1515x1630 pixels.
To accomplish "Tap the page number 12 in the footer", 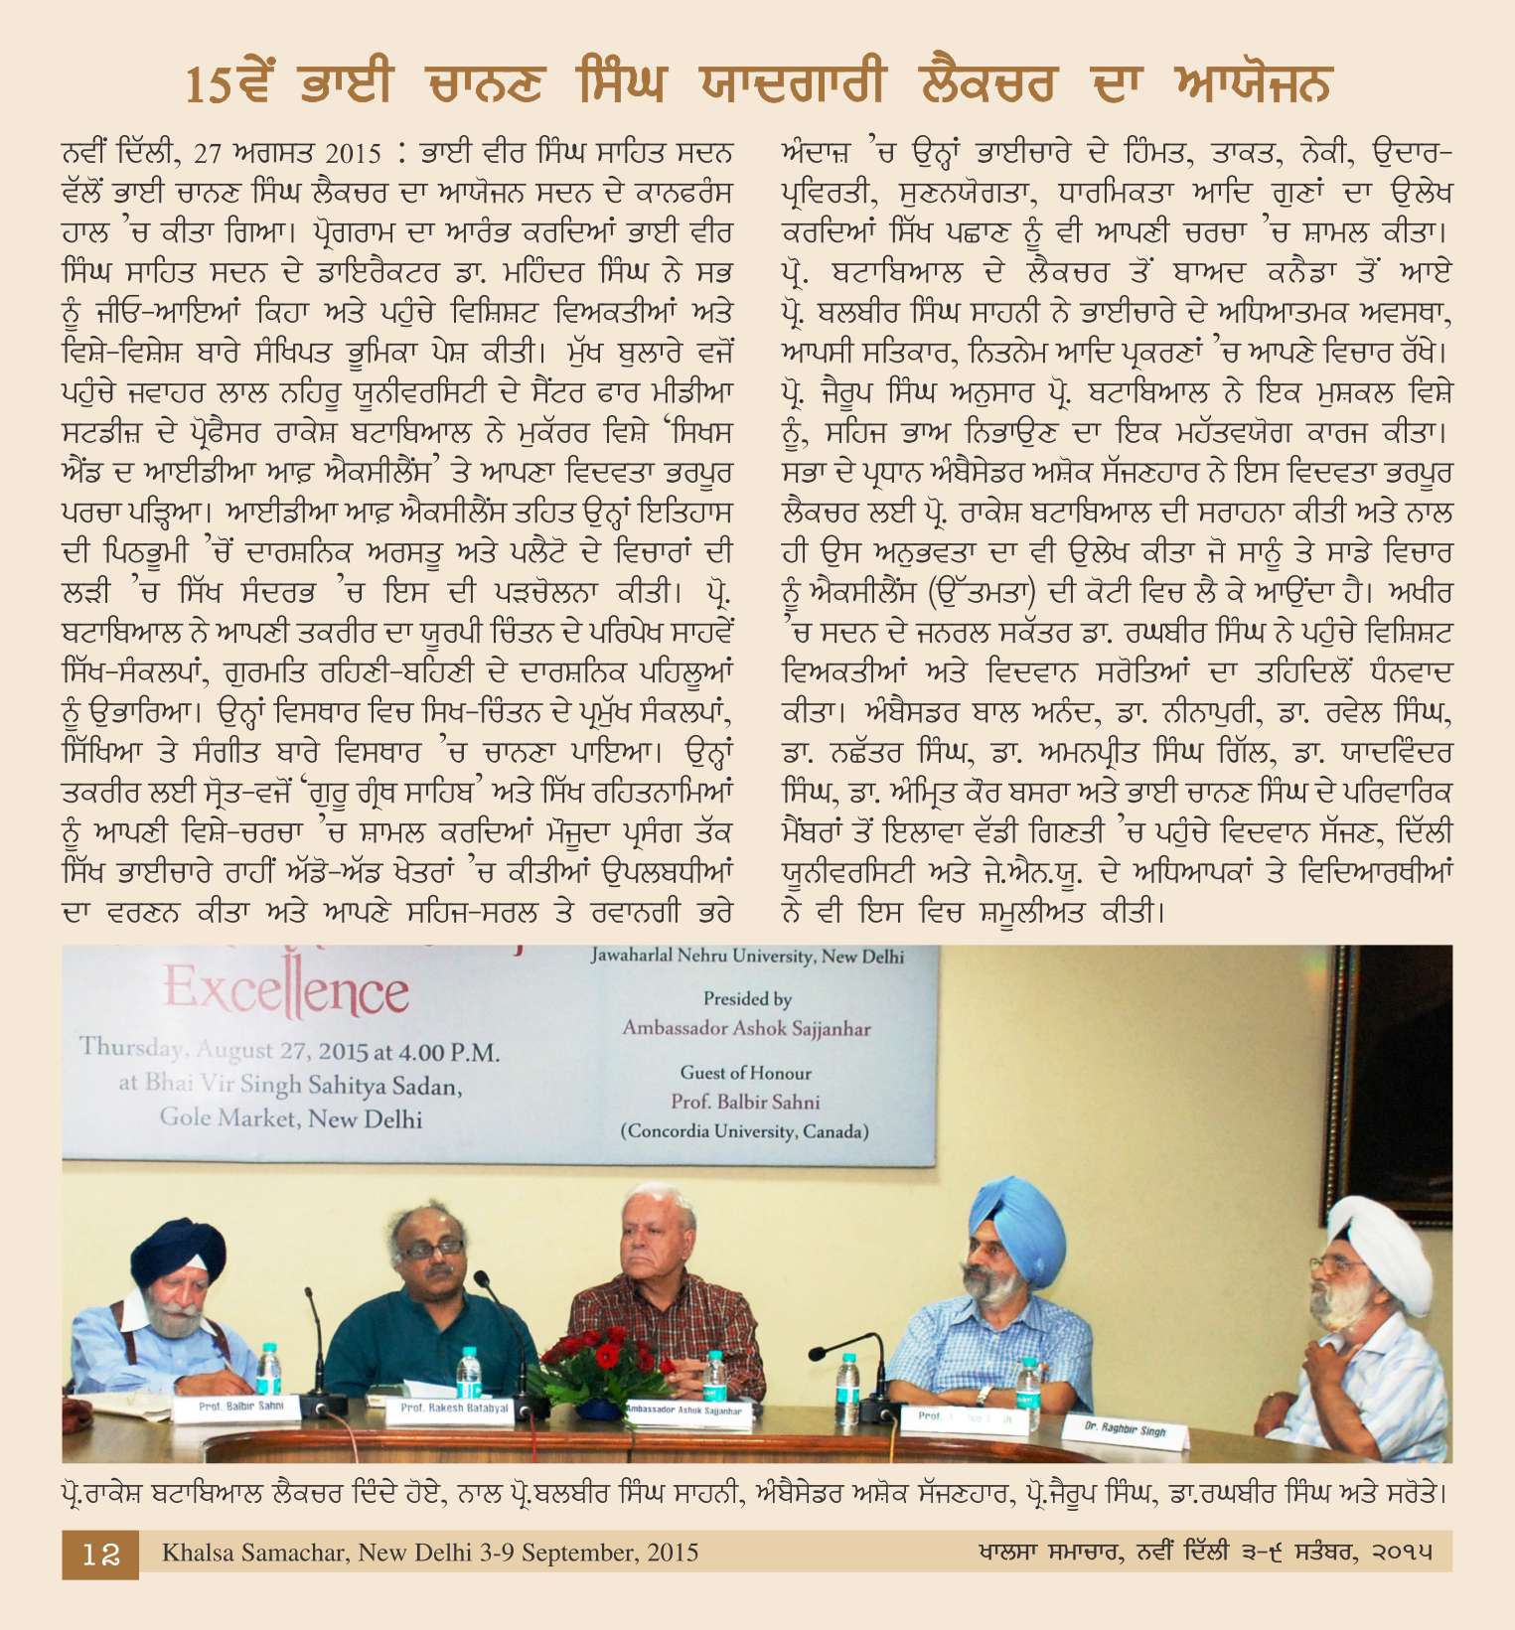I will pos(100,1554).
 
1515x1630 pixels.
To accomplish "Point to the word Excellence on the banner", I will pos(286,991).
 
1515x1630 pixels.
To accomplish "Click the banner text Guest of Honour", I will pos(745,1073).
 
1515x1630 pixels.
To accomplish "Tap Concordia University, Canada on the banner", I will pos(745,1131).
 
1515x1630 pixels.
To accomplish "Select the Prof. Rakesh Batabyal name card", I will pos(454,1408).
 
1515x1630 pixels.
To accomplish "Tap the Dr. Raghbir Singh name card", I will pos(1125,1429).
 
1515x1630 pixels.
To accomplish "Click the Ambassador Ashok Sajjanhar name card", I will pos(684,1410).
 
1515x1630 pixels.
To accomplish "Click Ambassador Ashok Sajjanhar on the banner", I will pos(746,1028).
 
